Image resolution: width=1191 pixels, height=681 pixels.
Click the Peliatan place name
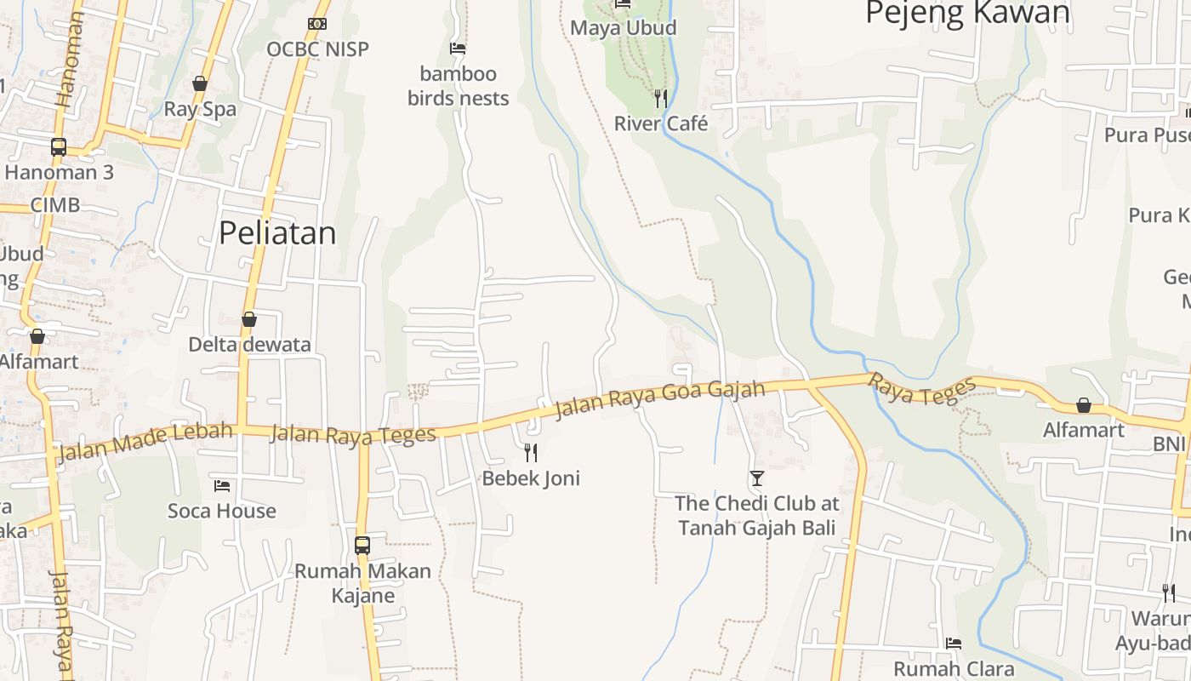click(277, 233)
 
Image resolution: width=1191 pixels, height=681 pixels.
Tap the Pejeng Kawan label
click(967, 13)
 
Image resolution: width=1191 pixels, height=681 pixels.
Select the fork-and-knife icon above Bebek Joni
click(531, 452)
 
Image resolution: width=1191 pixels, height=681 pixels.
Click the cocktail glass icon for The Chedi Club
click(757, 478)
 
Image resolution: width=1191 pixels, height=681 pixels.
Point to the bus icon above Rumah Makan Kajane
click(362, 545)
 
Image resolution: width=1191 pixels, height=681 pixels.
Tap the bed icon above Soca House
click(222, 486)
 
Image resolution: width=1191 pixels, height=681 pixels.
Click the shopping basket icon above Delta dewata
click(249, 319)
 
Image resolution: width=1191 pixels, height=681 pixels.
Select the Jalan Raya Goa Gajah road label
click(659, 399)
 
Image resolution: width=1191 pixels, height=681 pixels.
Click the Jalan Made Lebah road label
click(145, 441)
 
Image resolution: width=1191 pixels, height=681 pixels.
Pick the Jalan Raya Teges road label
click(353, 434)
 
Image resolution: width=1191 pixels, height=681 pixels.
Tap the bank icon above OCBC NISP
click(317, 24)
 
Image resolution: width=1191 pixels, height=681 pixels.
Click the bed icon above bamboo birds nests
click(458, 49)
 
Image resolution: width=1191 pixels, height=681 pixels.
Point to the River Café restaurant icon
click(661, 99)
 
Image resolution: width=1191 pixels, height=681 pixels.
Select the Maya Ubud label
click(624, 28)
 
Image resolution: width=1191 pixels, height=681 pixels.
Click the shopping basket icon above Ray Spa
click(200, 83)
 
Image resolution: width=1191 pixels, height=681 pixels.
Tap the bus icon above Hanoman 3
click(58, 147)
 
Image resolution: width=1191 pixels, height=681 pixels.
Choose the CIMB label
click(55, 205)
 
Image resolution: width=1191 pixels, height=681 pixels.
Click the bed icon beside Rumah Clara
click(954, 644)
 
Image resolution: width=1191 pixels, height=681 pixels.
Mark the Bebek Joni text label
click(531, 478)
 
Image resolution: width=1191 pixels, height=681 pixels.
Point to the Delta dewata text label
click(249, 345)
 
